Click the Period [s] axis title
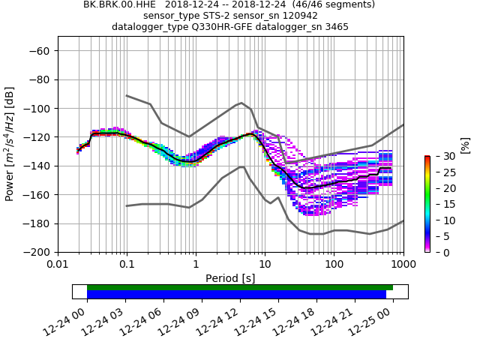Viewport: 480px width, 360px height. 230,277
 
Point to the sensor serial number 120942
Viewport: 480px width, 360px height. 298,16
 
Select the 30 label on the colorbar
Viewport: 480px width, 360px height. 440,156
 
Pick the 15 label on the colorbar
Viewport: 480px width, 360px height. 440,204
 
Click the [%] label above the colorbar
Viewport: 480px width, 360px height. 465,144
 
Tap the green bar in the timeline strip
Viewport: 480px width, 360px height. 240,287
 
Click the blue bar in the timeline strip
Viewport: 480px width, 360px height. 236,295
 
